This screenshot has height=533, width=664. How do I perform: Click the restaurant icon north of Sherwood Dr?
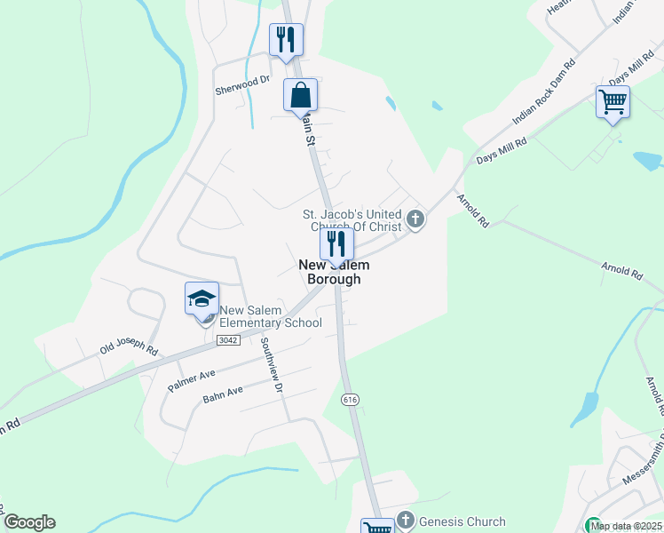286,40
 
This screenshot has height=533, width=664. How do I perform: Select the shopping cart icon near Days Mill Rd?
613,102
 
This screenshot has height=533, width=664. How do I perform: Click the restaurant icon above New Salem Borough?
336,243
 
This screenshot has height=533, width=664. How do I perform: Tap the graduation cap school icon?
202,298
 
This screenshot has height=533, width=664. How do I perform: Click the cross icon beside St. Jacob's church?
415,219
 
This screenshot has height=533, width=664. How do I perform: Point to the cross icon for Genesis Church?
406,520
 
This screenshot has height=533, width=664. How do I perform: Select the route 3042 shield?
227,340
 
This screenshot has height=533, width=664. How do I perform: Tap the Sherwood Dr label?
242,81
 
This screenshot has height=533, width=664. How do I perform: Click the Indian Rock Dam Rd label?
544,92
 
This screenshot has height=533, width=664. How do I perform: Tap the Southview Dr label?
272,369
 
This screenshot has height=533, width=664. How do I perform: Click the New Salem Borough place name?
334,272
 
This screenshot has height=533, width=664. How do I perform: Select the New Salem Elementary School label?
271,316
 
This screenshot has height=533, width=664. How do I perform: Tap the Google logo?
29,522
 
